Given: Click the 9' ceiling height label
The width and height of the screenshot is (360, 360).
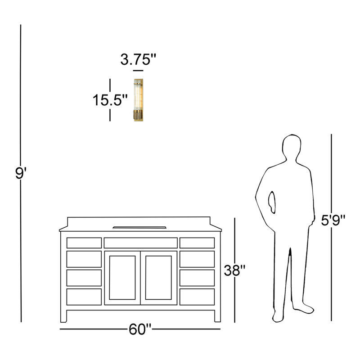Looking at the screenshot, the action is click(21, 173).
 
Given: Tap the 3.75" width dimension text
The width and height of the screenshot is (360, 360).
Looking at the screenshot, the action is click(138, 59).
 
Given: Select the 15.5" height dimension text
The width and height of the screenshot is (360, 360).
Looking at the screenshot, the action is click(110, 100).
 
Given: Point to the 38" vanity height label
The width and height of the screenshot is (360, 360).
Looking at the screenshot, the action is click(234, 270).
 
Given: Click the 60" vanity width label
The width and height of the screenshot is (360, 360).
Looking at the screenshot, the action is click(140, 329).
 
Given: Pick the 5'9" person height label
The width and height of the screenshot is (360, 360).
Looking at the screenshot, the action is click(333, 220).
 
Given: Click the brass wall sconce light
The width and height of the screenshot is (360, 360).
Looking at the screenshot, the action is click(139, 100).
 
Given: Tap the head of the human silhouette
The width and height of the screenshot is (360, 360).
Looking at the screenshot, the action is click(292, 147).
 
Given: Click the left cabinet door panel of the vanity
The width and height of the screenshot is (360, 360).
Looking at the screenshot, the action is click(122, 278).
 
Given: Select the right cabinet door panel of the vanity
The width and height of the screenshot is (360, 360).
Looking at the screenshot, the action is click(159, 278).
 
